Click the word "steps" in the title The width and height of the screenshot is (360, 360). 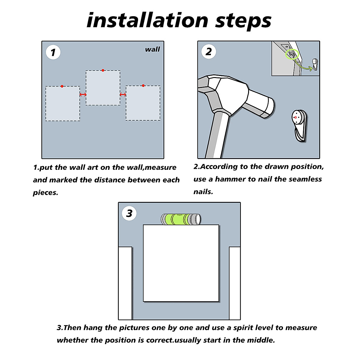point(243,22)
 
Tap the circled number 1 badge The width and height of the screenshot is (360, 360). point(53,52)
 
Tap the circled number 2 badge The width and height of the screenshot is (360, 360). point(209,52)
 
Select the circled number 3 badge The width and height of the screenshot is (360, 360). point(129,213)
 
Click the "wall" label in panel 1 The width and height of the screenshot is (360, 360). point(152,49)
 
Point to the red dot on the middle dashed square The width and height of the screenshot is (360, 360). point(103,70)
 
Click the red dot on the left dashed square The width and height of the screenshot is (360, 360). point(62,86)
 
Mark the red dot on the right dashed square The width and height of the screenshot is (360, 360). point(143,85)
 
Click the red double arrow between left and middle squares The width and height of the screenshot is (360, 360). point(83,94)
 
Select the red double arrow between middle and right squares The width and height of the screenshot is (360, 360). point(123,94)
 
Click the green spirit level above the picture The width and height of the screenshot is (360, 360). point(181,219)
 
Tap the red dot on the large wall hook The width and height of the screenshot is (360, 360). point(295,117)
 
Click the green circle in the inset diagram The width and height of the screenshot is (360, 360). point(292,54)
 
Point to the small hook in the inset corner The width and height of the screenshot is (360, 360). point(315,64)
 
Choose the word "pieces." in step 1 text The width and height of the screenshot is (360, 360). point(46,193)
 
